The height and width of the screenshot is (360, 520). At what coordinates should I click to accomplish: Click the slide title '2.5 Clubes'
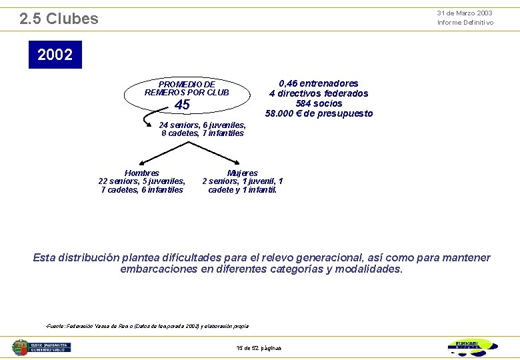pos(59,19)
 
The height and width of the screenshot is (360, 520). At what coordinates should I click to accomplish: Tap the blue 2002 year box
pos(55,55)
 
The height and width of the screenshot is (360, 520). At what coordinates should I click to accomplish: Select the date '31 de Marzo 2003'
pos(465,13)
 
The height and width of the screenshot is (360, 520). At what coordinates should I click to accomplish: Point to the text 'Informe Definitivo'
pos(465,23)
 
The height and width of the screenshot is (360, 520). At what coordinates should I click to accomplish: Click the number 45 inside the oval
pos(182,105)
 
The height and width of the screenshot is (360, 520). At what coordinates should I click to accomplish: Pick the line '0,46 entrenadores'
pos(319,83)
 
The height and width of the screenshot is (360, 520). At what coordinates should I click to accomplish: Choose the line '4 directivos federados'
pos(319,93)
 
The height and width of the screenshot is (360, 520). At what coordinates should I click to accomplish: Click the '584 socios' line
pos(319,103)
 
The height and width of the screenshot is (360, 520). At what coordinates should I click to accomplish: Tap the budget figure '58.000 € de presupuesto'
pos(319,113)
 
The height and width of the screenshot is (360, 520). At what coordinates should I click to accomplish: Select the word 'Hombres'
pos(141,173)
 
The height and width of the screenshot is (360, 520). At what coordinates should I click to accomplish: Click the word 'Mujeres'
pos(243,173)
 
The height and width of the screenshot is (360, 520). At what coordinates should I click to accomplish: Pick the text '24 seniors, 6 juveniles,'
pos(203,125)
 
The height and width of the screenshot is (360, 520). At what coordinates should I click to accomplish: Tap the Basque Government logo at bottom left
pos(41,347)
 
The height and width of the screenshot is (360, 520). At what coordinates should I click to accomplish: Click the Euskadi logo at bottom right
pos(472,347)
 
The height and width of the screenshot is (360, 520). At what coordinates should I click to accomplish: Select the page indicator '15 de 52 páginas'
pos(259,348)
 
